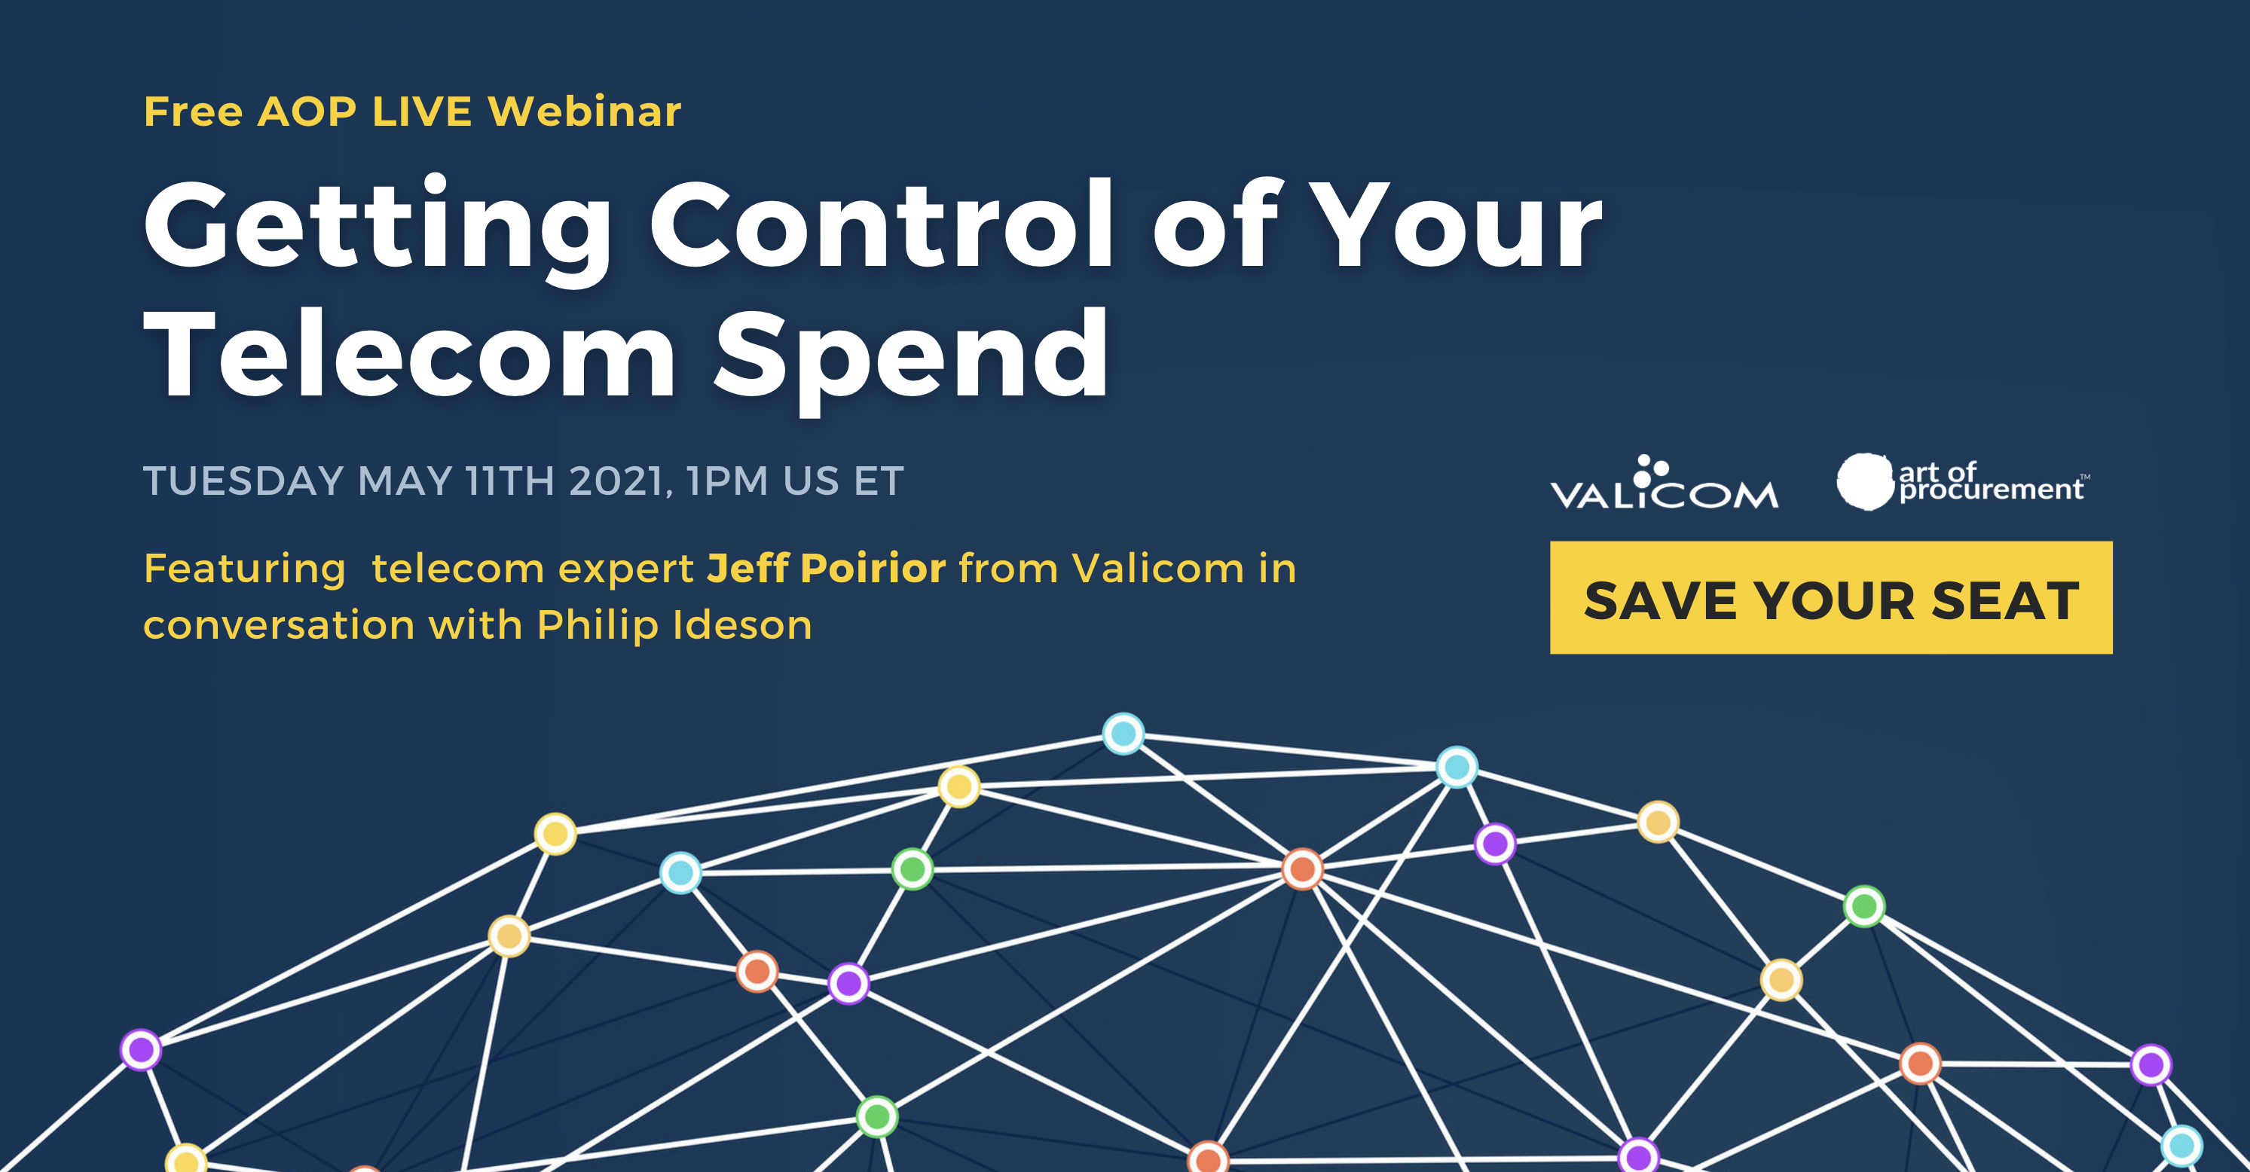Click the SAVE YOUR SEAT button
tap(1831, 597)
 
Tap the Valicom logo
tap(1664, 482)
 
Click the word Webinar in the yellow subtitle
tap(584, 111)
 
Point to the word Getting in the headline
tap(378, 229)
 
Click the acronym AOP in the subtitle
tap(307, 111)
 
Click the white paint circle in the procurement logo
tap(1866, 481)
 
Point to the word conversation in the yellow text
tap(279, 626)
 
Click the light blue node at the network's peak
tap(1123, 734)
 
